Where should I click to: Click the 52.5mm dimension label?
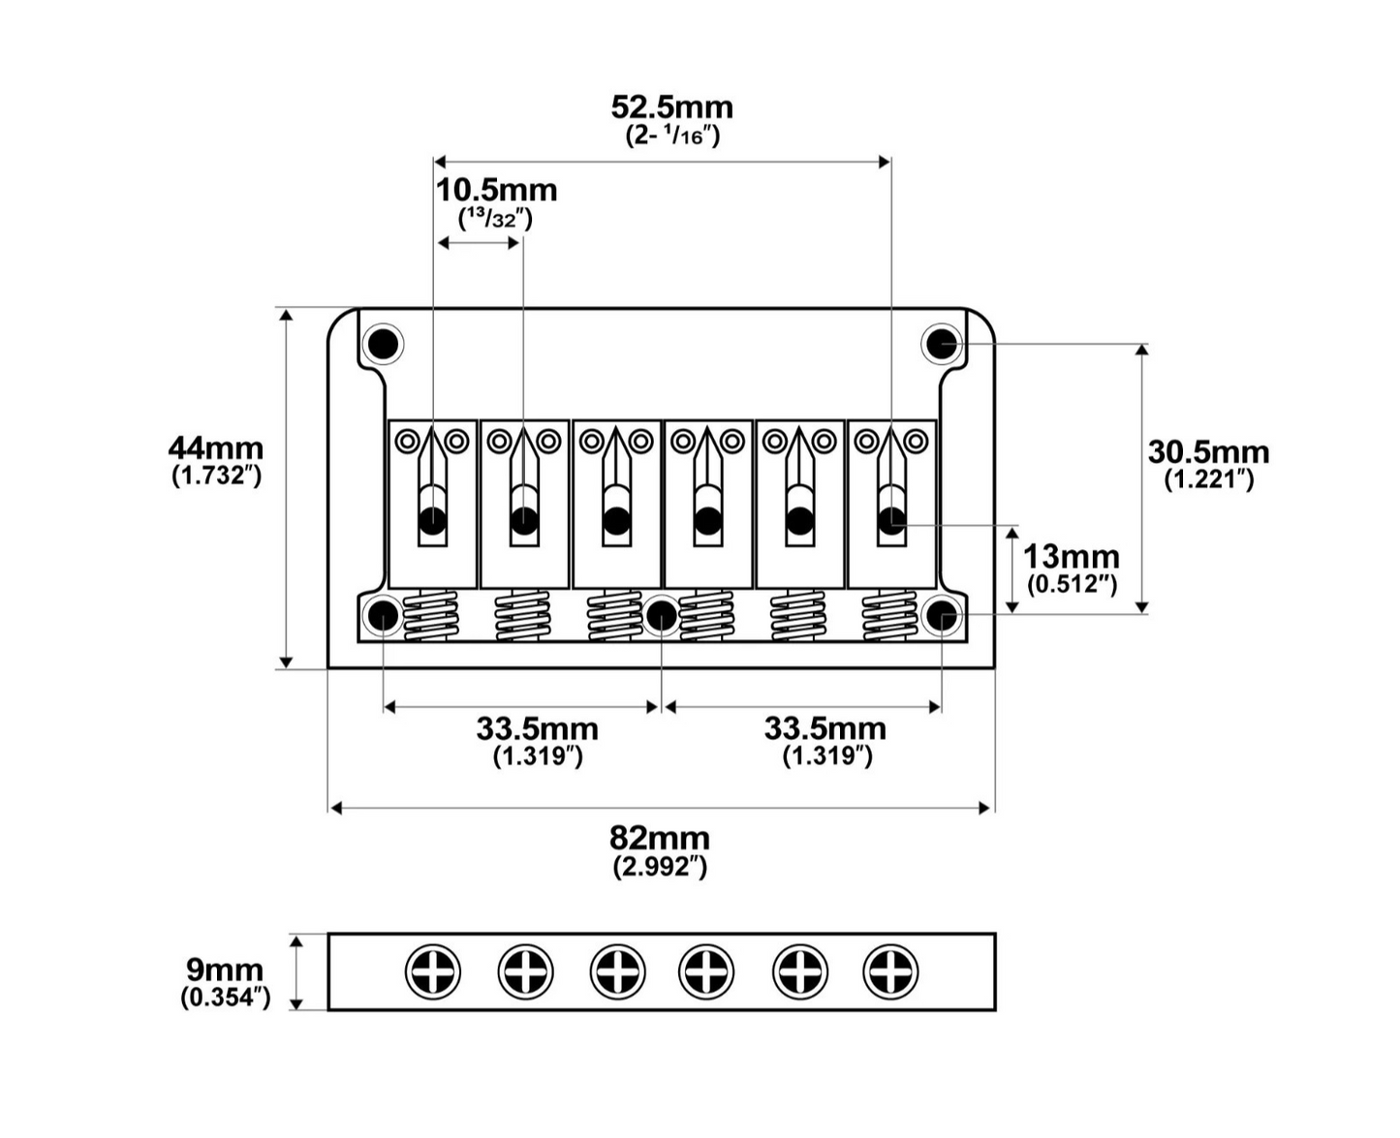coord(671,108)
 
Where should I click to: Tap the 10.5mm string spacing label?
coord(496,191)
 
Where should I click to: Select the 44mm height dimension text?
coord(216,448)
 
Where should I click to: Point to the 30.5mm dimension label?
coord(1208,452)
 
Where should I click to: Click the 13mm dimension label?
coord(1071,557)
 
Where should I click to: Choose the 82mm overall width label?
coord(659,839)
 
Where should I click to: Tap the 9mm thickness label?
coord(224,969)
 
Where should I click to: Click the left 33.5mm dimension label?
coord(537,729)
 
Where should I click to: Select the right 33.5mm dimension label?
coord(824,728)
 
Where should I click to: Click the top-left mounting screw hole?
coord(384,344)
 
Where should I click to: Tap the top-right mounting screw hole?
coord(941,343)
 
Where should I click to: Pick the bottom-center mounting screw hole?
coord(661,616)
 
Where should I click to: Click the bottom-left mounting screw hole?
coord(384,616)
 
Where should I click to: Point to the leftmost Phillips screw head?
coord(432,971)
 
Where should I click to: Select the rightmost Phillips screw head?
coord(890,971)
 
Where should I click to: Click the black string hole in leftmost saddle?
coord(432,521)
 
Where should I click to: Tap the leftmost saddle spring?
coord(430,616)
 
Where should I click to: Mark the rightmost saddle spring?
coord(888,616)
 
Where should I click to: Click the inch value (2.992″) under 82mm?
coord(660,867)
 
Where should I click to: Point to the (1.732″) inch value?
coord(216,476)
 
